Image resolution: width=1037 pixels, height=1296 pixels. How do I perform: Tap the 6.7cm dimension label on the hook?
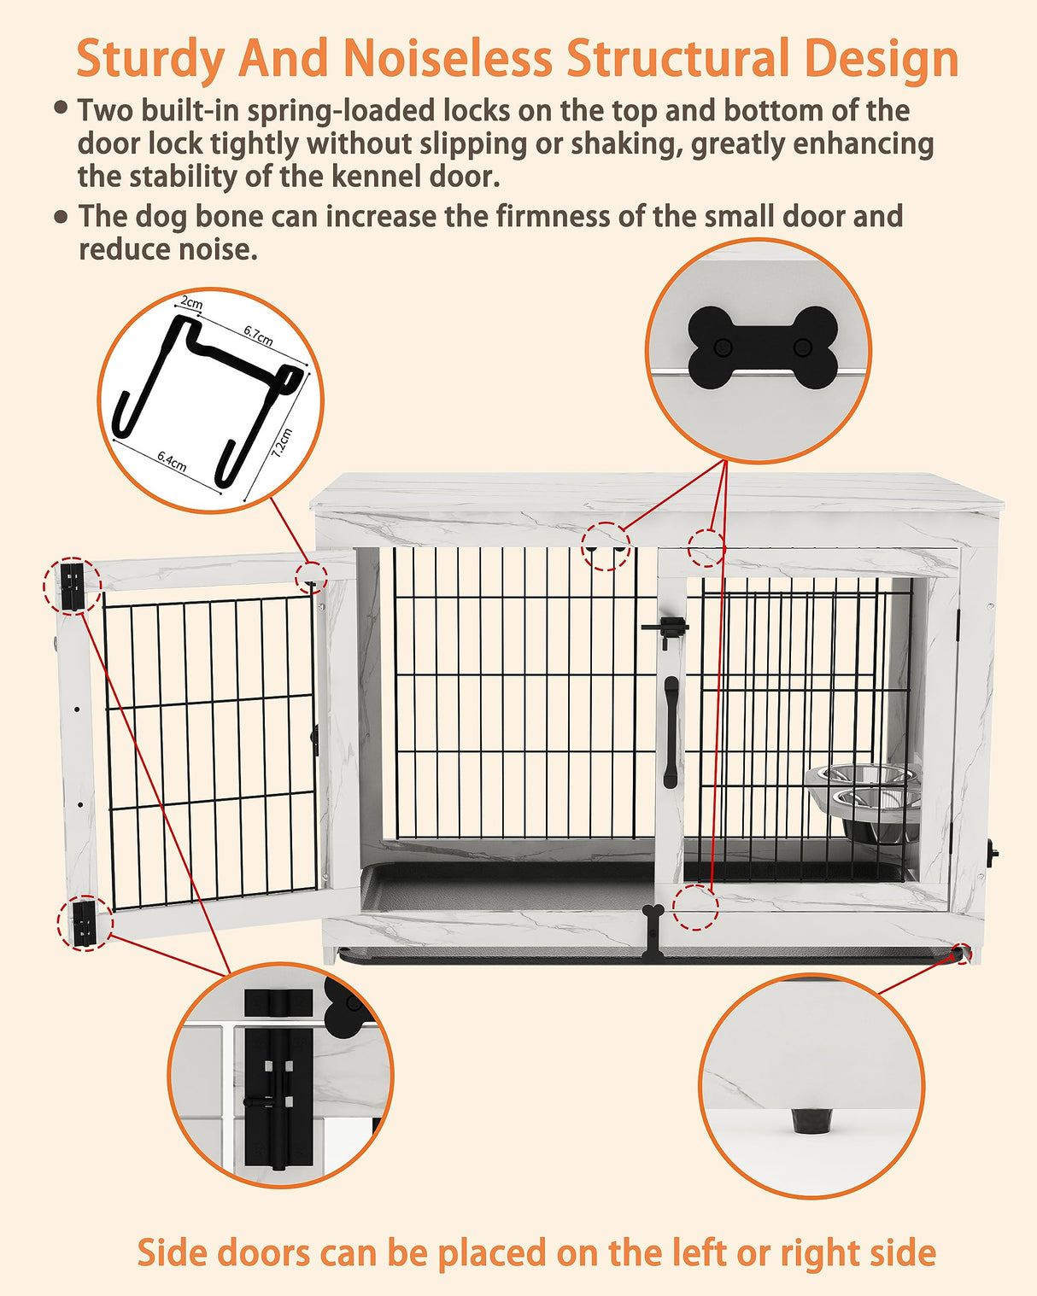coord(258,335)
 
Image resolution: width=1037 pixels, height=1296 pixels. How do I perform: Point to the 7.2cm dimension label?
coord(283,443)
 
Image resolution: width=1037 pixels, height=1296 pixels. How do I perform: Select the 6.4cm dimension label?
coord(172,462)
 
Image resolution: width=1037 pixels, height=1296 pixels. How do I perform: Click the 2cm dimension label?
coord(192,303)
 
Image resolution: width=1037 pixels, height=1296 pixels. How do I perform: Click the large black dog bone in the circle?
coord(762,347)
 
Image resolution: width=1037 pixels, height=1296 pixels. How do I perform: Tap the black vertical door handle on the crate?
coord(671,732)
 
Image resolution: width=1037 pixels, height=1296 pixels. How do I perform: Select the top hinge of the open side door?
coord(73,587)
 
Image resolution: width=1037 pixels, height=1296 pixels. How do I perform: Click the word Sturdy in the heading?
coord(151,60)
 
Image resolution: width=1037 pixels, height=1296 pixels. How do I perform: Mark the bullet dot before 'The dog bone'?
coord(61,217)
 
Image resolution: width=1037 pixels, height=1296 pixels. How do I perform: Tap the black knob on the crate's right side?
coord(993,850)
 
